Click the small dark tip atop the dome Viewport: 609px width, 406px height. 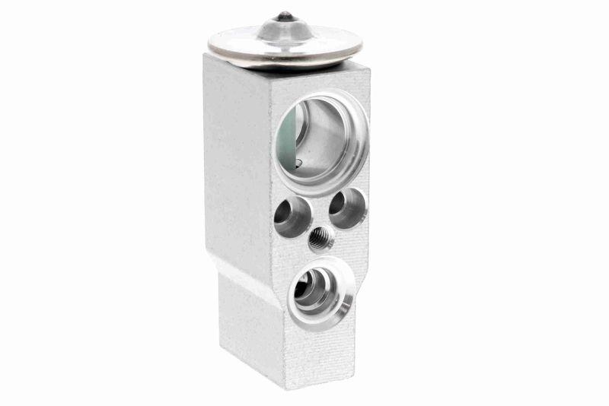(284, 15)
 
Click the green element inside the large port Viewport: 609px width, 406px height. (288, 137)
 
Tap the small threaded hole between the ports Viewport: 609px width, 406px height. (320, 239)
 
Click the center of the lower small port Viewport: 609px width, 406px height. (316, 291)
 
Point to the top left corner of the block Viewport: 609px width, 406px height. (207, 55)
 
